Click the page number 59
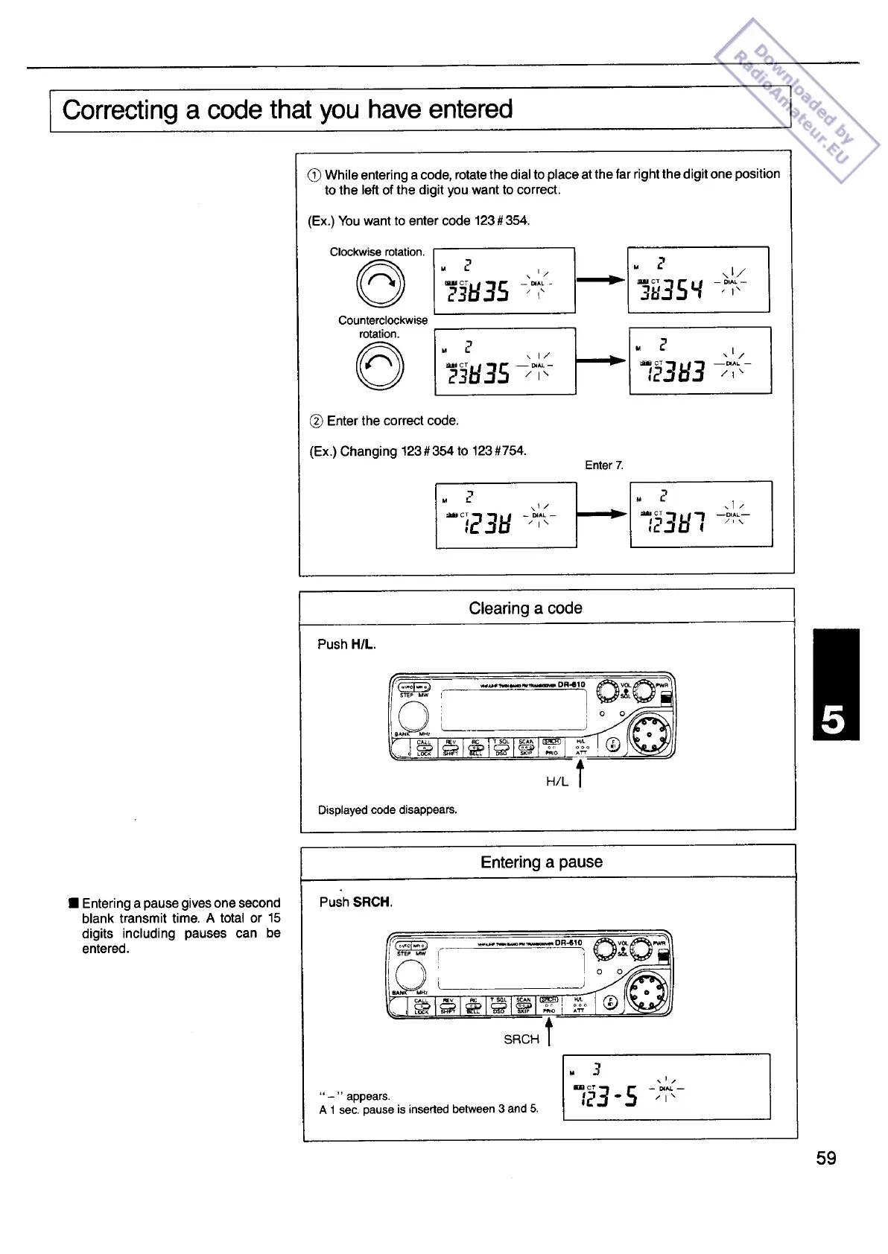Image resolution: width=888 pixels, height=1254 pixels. pyautogui.click(x=826, y=1158)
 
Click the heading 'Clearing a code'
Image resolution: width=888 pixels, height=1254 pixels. pyautogui.click(x=525, y=608)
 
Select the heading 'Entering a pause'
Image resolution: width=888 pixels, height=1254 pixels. pyautogui.click(x=542, y=862)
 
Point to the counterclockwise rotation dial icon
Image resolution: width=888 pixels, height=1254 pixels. pyautogui.click(x=381, y=367)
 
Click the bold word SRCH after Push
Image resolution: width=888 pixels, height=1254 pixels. pyautogui.click(x=372, y=903)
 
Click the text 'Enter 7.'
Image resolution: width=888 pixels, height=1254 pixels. pyautogui.click(x=604, y=465)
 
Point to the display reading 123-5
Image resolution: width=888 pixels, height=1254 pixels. pyautogui.click(x=666, y=1086)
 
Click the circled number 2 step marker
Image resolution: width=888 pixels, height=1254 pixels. pyautogui.click(x=316, y=421)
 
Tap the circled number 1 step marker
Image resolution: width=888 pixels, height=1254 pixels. pyautogui.click(x=314, y=175)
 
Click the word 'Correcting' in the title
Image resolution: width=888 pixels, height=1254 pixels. pyautogui.click(x=120, y=110)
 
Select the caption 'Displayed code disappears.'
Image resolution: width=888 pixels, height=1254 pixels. pyautogui.click(x=387, y=809)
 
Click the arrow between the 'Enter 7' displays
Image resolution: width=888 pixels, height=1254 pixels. pyautogui.click(x=603, y=513)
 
